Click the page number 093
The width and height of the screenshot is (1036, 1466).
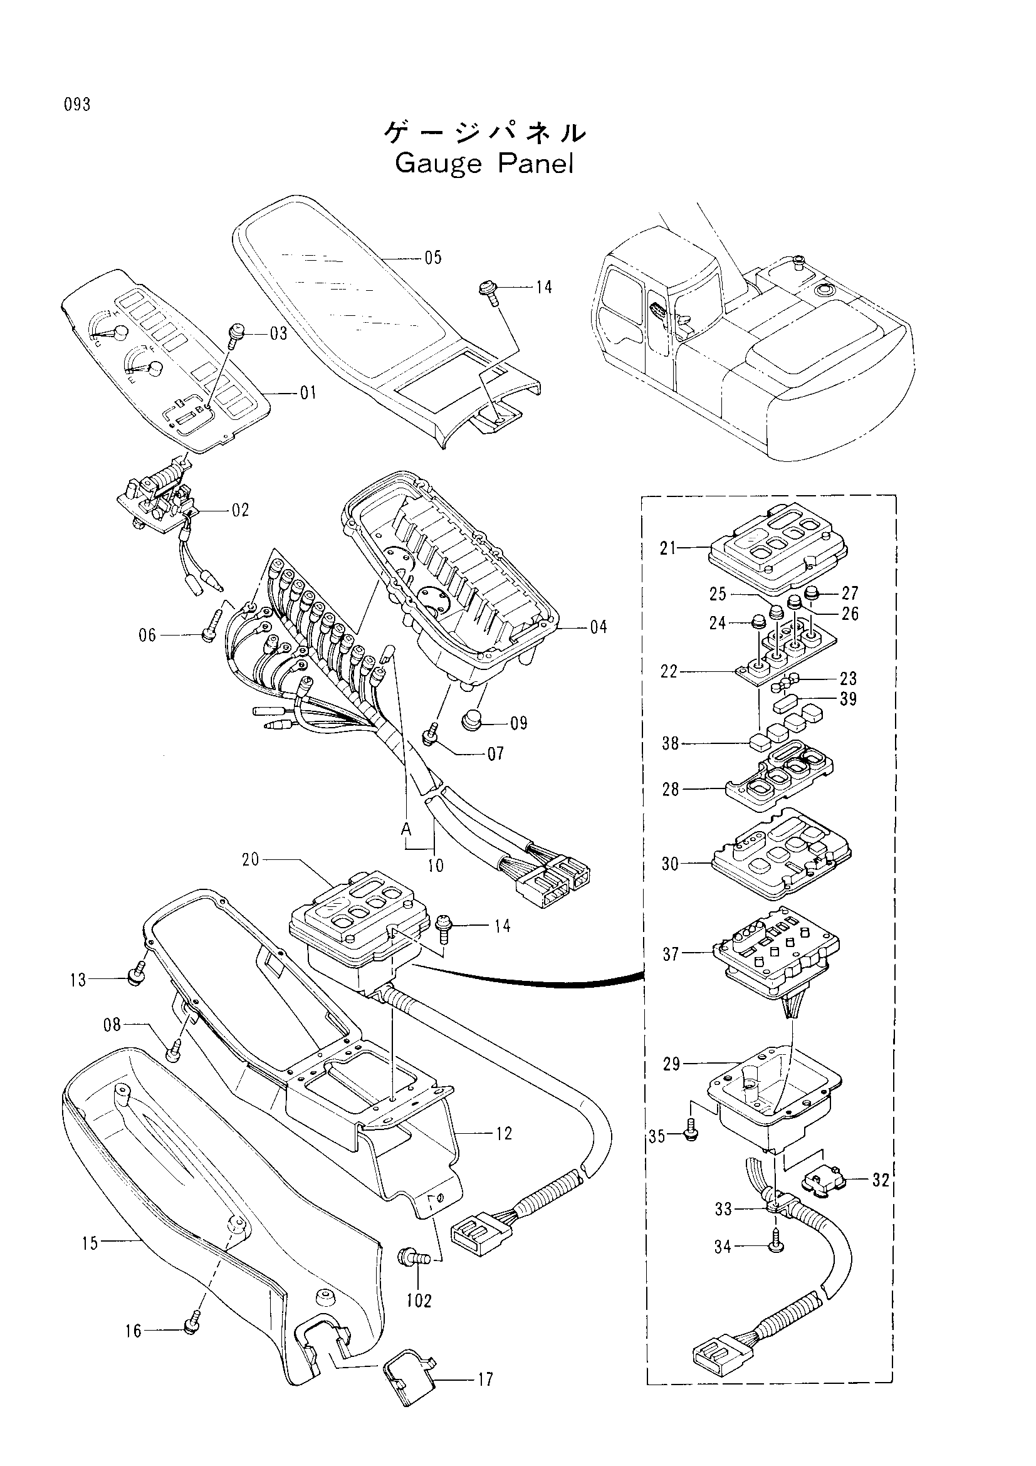click(x=77, y=105)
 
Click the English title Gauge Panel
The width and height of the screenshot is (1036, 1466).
click(x=484, y=164)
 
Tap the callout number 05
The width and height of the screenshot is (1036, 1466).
click(x=433, y=258)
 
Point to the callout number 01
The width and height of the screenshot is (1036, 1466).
click(x=308, y=393)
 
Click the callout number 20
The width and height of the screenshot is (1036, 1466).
click(x=251, y=860)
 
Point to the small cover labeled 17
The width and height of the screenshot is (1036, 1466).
click(x=409, y=1385)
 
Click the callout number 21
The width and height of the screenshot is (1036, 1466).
click(x=668, y=548)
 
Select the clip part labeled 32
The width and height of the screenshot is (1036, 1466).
click(x=823, y=1181)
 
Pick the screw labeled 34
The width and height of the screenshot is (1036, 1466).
click(x=777, y=1245)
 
